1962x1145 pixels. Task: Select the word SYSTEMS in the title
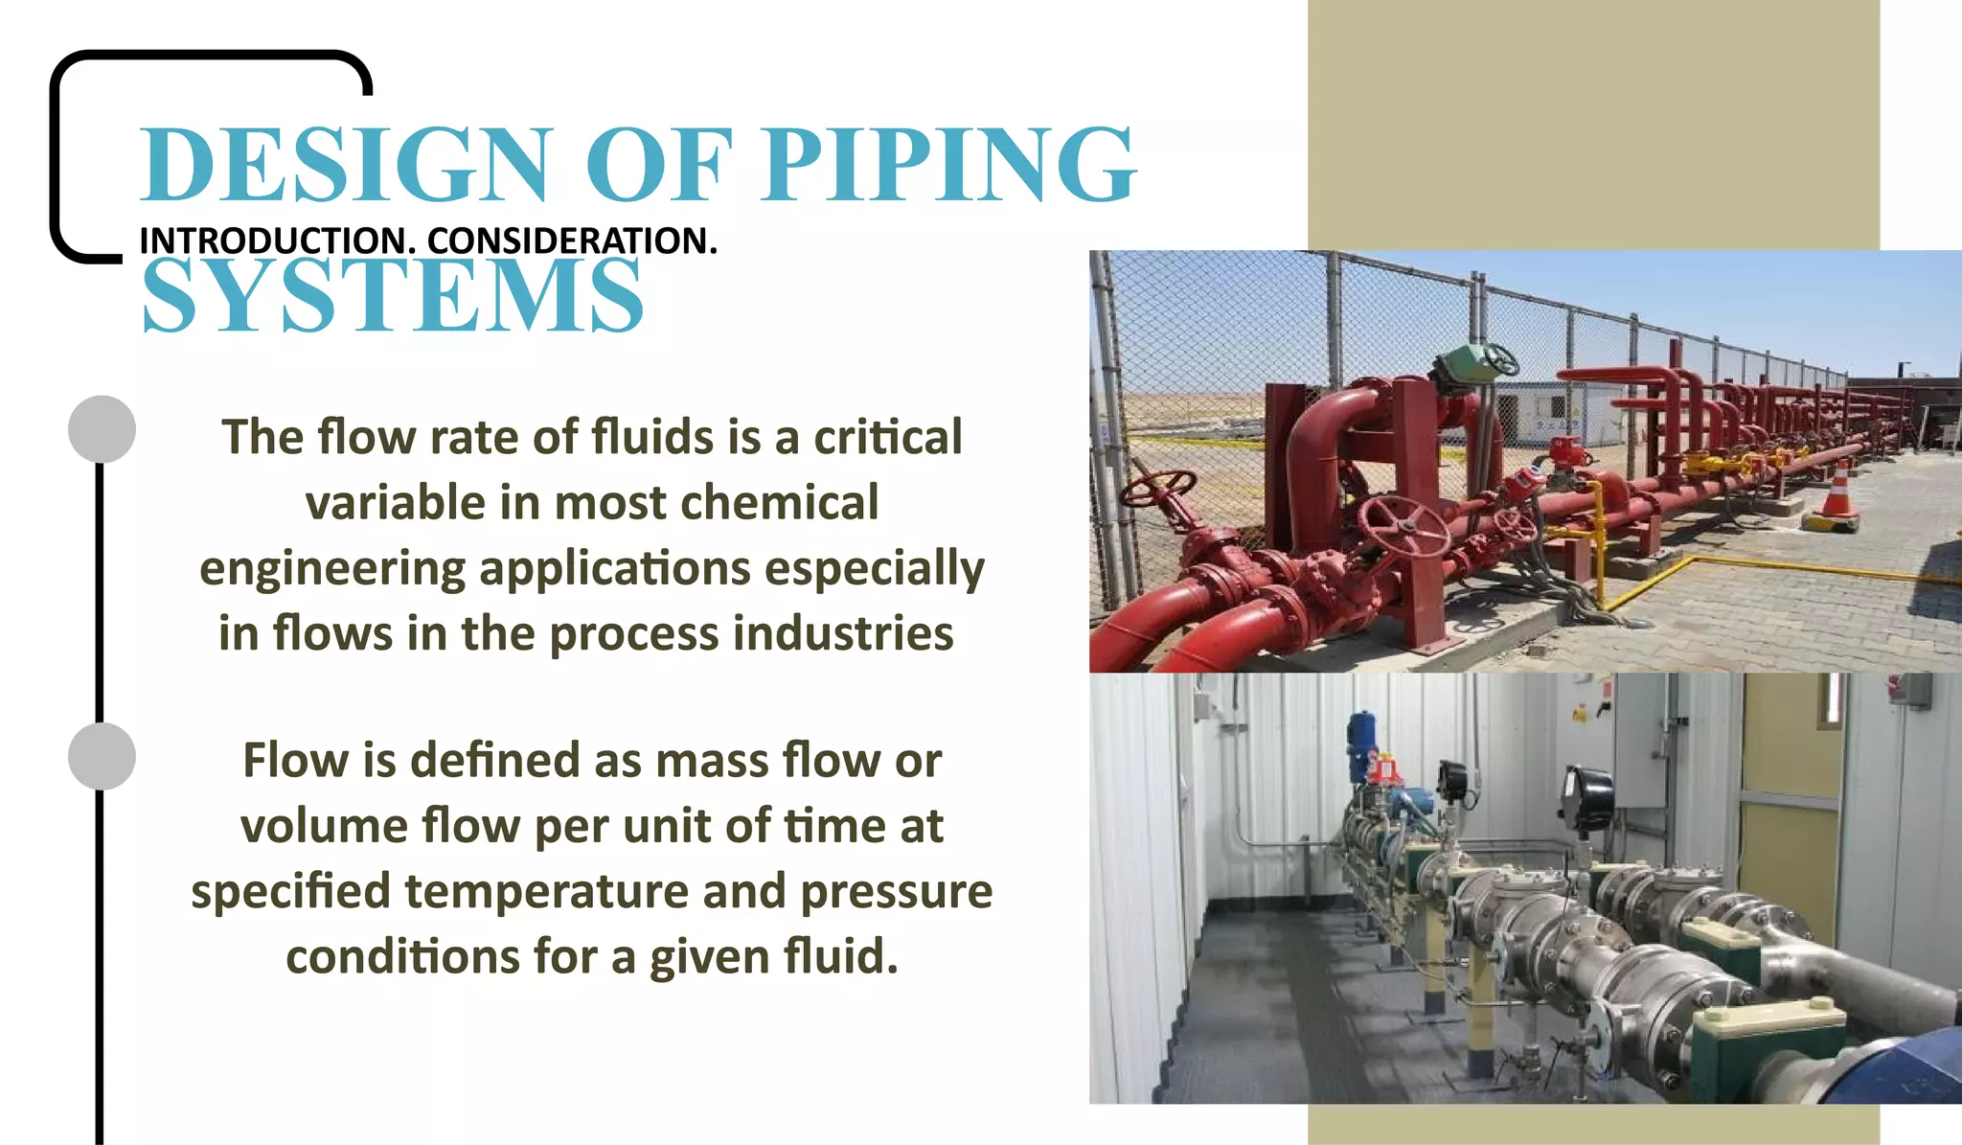tap(393, 297)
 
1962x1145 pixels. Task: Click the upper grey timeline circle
tap(102, 428)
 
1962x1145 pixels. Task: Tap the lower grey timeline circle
tap(102, 756)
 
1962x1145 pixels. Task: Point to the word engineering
tap(332, 569)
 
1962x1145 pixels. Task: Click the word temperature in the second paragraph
tap(546, 891)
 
